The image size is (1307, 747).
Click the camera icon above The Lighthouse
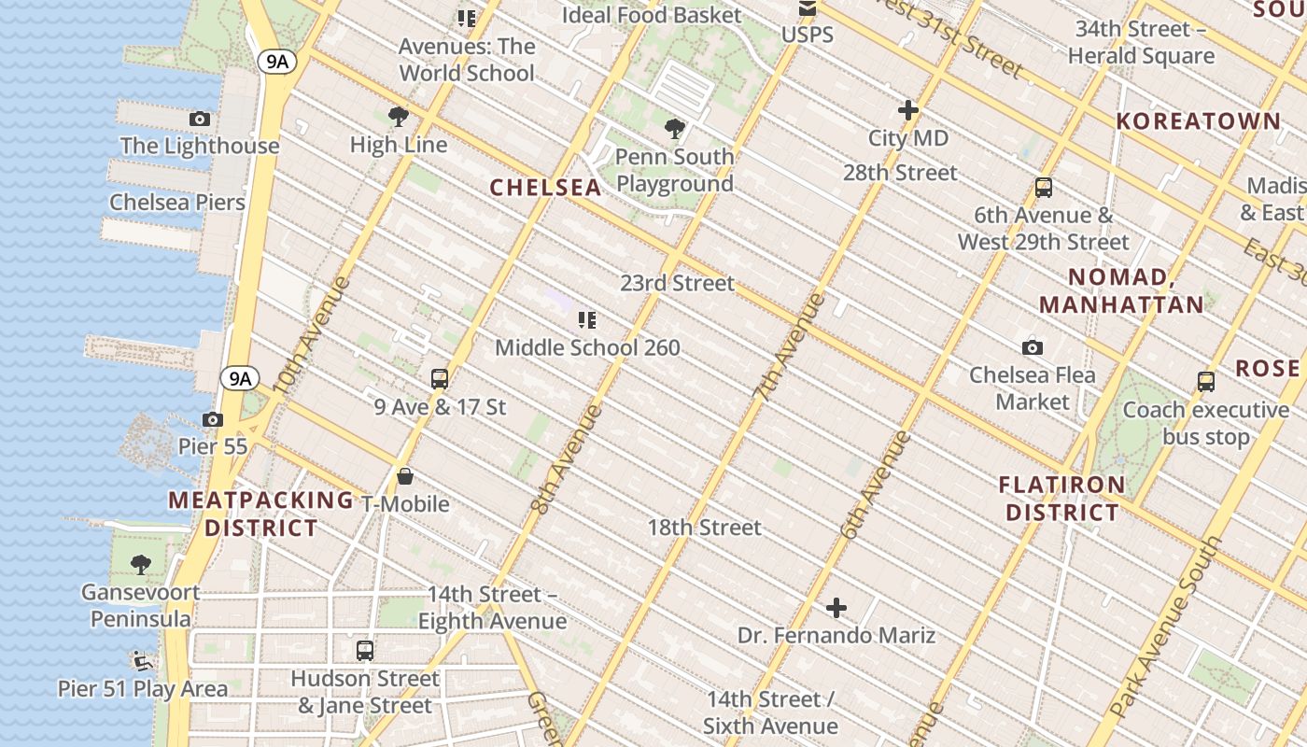(199, 119)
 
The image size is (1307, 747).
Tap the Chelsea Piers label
(177, 203)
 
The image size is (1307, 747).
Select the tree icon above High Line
(399, 117)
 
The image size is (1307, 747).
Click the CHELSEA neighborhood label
(546, 187)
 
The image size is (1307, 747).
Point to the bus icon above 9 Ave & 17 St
(440, 379)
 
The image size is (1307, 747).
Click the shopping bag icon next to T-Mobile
(405, 477)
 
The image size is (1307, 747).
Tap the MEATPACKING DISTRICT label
(261, 514)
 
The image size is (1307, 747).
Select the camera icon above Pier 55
(213, 420)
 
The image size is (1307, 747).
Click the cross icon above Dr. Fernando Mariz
(836, 609)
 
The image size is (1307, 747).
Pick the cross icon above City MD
(907, 110)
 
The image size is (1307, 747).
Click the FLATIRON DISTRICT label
(1062, 499)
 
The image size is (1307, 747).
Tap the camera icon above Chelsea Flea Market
(1032, 347)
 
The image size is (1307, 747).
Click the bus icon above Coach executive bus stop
(1206, 382)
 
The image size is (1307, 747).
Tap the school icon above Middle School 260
(587, 320)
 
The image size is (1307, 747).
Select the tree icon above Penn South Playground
(674, 129)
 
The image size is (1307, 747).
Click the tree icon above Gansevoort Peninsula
(141, 564)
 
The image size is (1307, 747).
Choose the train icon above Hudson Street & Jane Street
(365, 651)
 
